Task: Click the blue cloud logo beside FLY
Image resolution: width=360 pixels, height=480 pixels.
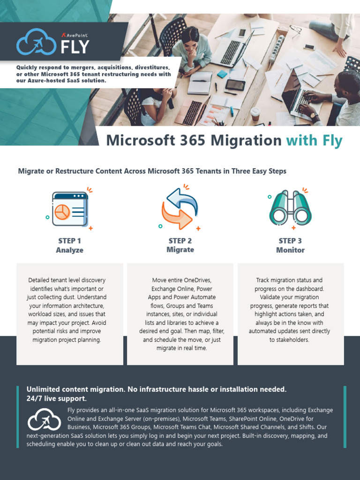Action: coord(37,42)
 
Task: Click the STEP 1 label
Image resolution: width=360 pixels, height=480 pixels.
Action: coord(69,241)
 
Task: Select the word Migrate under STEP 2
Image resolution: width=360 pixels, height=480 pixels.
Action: coord(180,250)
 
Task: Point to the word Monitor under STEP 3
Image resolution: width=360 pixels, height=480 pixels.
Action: coord(290,250)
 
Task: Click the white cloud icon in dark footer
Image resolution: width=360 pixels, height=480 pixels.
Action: coord(45,420)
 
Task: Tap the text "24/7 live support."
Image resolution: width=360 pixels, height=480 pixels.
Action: coord(57,398)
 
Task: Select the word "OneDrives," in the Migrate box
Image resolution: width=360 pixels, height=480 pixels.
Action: coord(195,280)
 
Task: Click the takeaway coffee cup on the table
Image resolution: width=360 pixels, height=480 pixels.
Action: coord(255,113)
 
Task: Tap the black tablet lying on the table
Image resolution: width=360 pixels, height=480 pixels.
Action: coord(235,85)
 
